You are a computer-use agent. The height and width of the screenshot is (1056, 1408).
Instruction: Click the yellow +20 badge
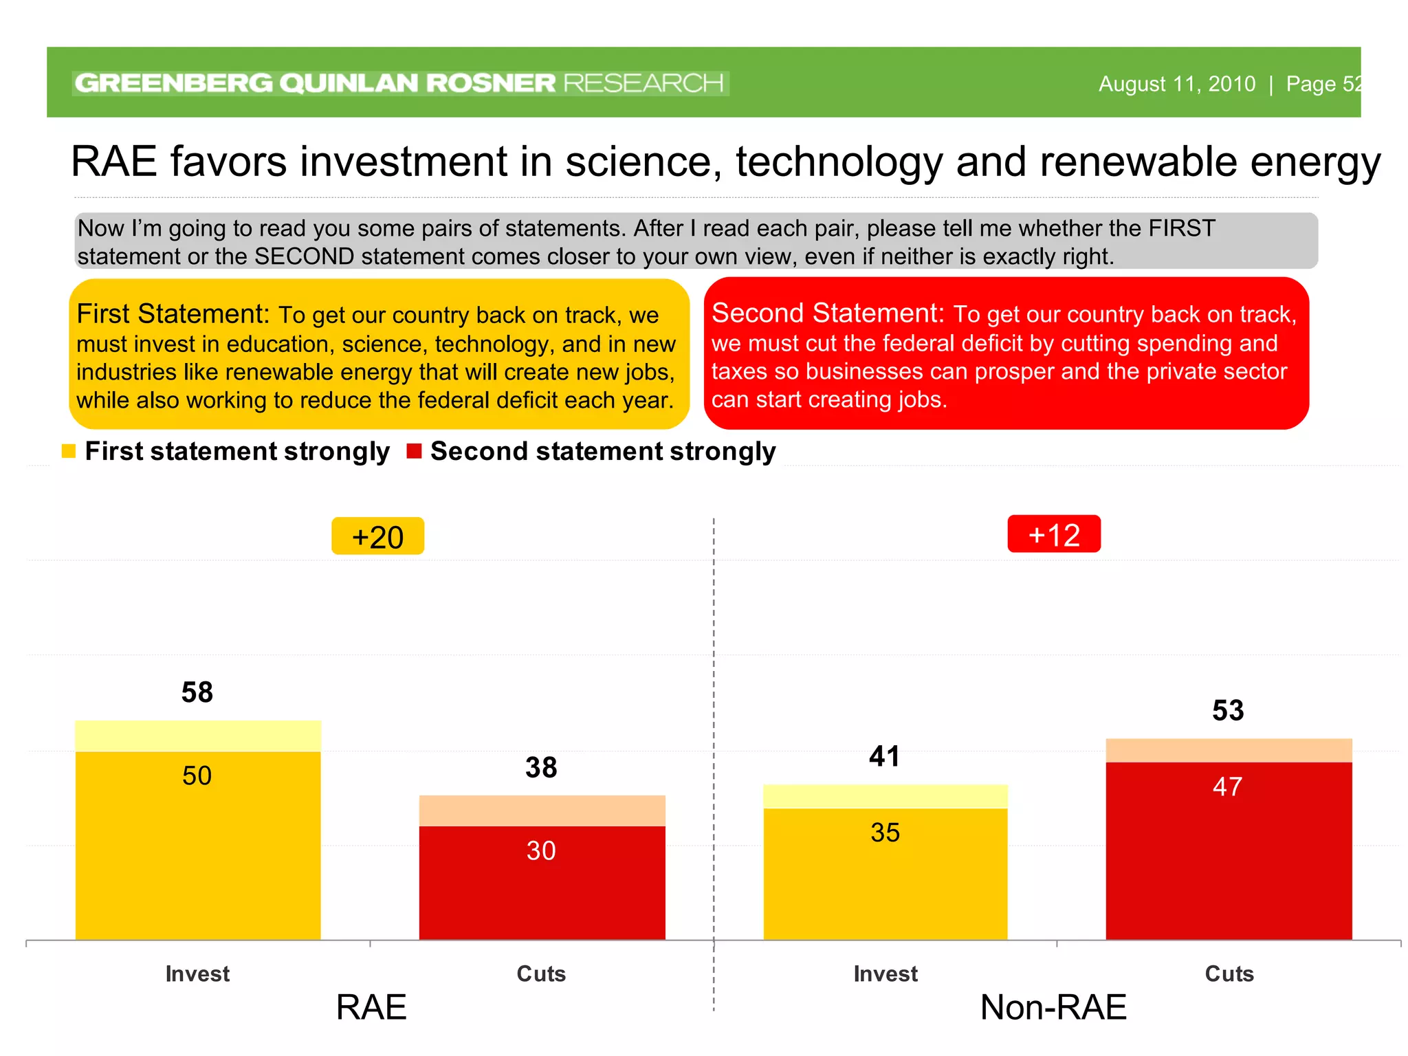(377, 536)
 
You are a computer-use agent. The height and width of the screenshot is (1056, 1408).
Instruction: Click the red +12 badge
(1053, 534)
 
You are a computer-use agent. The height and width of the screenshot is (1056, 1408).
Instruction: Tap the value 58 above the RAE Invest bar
(197, 692)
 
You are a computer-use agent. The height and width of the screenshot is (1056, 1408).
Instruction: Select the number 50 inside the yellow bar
(197, 775)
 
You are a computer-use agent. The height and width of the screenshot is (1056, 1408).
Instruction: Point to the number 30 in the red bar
(541, 850)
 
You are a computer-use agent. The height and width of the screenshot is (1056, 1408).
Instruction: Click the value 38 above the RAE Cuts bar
(541, 767)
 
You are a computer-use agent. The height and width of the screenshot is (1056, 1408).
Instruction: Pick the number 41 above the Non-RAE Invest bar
(884, 756)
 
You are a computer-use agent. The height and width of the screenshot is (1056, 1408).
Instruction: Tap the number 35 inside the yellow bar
(885, 833)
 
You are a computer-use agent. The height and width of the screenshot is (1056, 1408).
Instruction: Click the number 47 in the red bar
(1227, 786)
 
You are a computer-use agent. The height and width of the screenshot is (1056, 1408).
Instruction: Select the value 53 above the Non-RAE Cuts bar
(1228, 710)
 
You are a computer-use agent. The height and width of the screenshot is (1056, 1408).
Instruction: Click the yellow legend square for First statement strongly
(69, 451)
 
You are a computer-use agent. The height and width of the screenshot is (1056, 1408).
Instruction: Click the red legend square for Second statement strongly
(414, 451)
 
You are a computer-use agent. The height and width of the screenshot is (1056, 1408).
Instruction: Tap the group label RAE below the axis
(371, 1007)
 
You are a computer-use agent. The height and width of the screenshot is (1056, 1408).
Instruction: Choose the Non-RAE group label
(1053, 1007)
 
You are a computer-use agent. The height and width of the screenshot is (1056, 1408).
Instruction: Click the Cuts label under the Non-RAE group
(1229, 973)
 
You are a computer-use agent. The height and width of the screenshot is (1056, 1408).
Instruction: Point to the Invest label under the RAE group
(197, 973)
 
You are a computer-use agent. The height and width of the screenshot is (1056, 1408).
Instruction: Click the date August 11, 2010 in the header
(1176, 84)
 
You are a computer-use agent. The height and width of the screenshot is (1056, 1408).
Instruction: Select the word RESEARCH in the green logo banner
(643, 83)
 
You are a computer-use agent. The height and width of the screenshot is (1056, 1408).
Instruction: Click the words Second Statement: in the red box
(828, 313)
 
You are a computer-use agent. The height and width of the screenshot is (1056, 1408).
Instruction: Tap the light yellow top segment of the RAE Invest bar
(198, 736)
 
